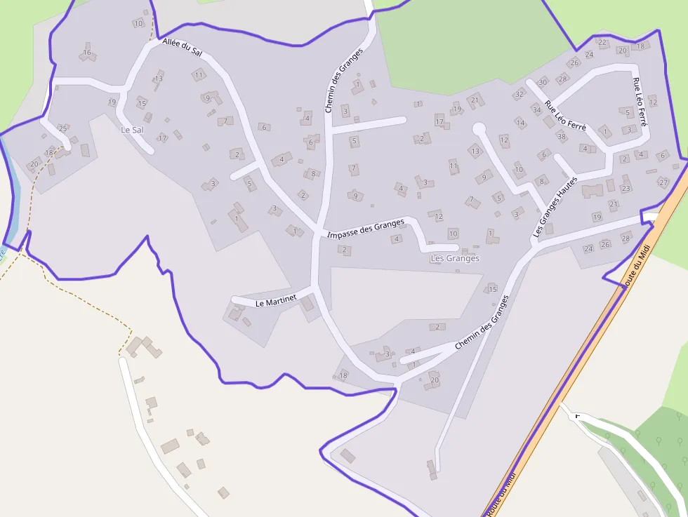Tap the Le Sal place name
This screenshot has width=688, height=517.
[x=132, y=130]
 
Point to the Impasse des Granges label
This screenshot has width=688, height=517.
[x=366, y=228]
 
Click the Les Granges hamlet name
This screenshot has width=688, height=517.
[x=454, y=258]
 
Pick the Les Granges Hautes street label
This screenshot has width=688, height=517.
[x=555, y=207]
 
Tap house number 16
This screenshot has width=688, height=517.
[x=87, y=53]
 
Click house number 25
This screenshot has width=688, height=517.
[x=62, y=128]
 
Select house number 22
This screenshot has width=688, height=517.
[x=602, y=42]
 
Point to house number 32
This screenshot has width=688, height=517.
[x=520, y=94]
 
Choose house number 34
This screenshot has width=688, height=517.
[x=536, y=109]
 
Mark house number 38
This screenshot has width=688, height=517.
[x=561, y=136]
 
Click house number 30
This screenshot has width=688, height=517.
[x=543, y=83]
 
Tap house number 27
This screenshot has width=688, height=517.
[x=663, y=182]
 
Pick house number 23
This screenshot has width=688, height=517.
[x=626, y=189]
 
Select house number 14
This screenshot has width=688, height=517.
[x=520, y=123]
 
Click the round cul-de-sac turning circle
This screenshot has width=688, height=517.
[x=479, y=129]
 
